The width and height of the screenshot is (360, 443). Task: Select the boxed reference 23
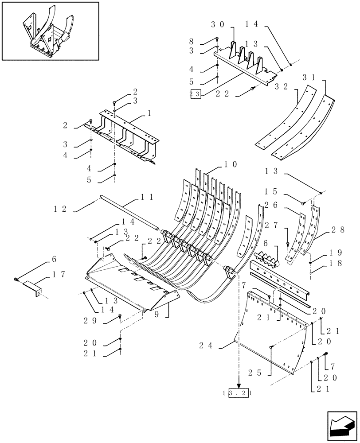(x=195, y=93)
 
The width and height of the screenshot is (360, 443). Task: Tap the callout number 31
(x=309, y=77)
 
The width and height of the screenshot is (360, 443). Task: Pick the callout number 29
(x=90, y=320)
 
